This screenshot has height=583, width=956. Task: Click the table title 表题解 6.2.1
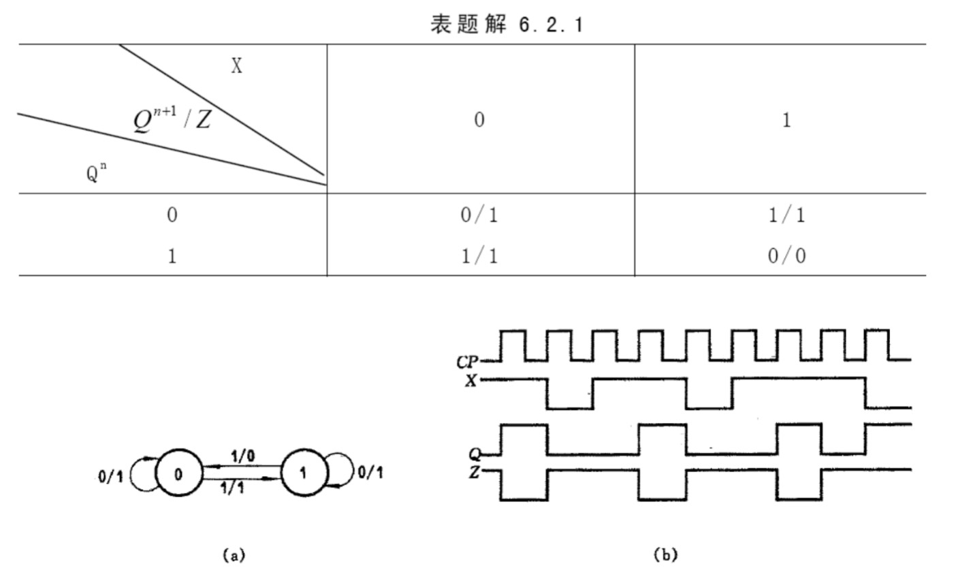[507, 25]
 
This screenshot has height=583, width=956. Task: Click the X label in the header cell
[237, 66]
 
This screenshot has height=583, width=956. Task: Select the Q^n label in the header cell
[97, 172]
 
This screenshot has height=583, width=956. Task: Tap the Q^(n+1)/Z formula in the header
[172, 119]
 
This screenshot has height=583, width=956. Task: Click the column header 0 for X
[479, 120]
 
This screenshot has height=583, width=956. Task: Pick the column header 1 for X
[786, 120]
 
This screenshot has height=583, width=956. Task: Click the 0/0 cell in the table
[786, 255]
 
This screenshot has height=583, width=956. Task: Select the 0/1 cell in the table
[479, 215]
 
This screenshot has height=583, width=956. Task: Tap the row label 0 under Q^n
[172, 215]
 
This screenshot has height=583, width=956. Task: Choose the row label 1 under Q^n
[172, 256]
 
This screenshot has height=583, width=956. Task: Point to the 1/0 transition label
[243, 456]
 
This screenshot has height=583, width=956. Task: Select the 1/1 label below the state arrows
[233, 488]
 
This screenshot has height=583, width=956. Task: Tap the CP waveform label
[468, 362]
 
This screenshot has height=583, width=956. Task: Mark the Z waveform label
[475, 472]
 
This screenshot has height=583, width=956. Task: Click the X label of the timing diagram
[471, 380]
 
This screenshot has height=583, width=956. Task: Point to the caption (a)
[234, 555]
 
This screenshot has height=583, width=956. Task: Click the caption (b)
[666, 554]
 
